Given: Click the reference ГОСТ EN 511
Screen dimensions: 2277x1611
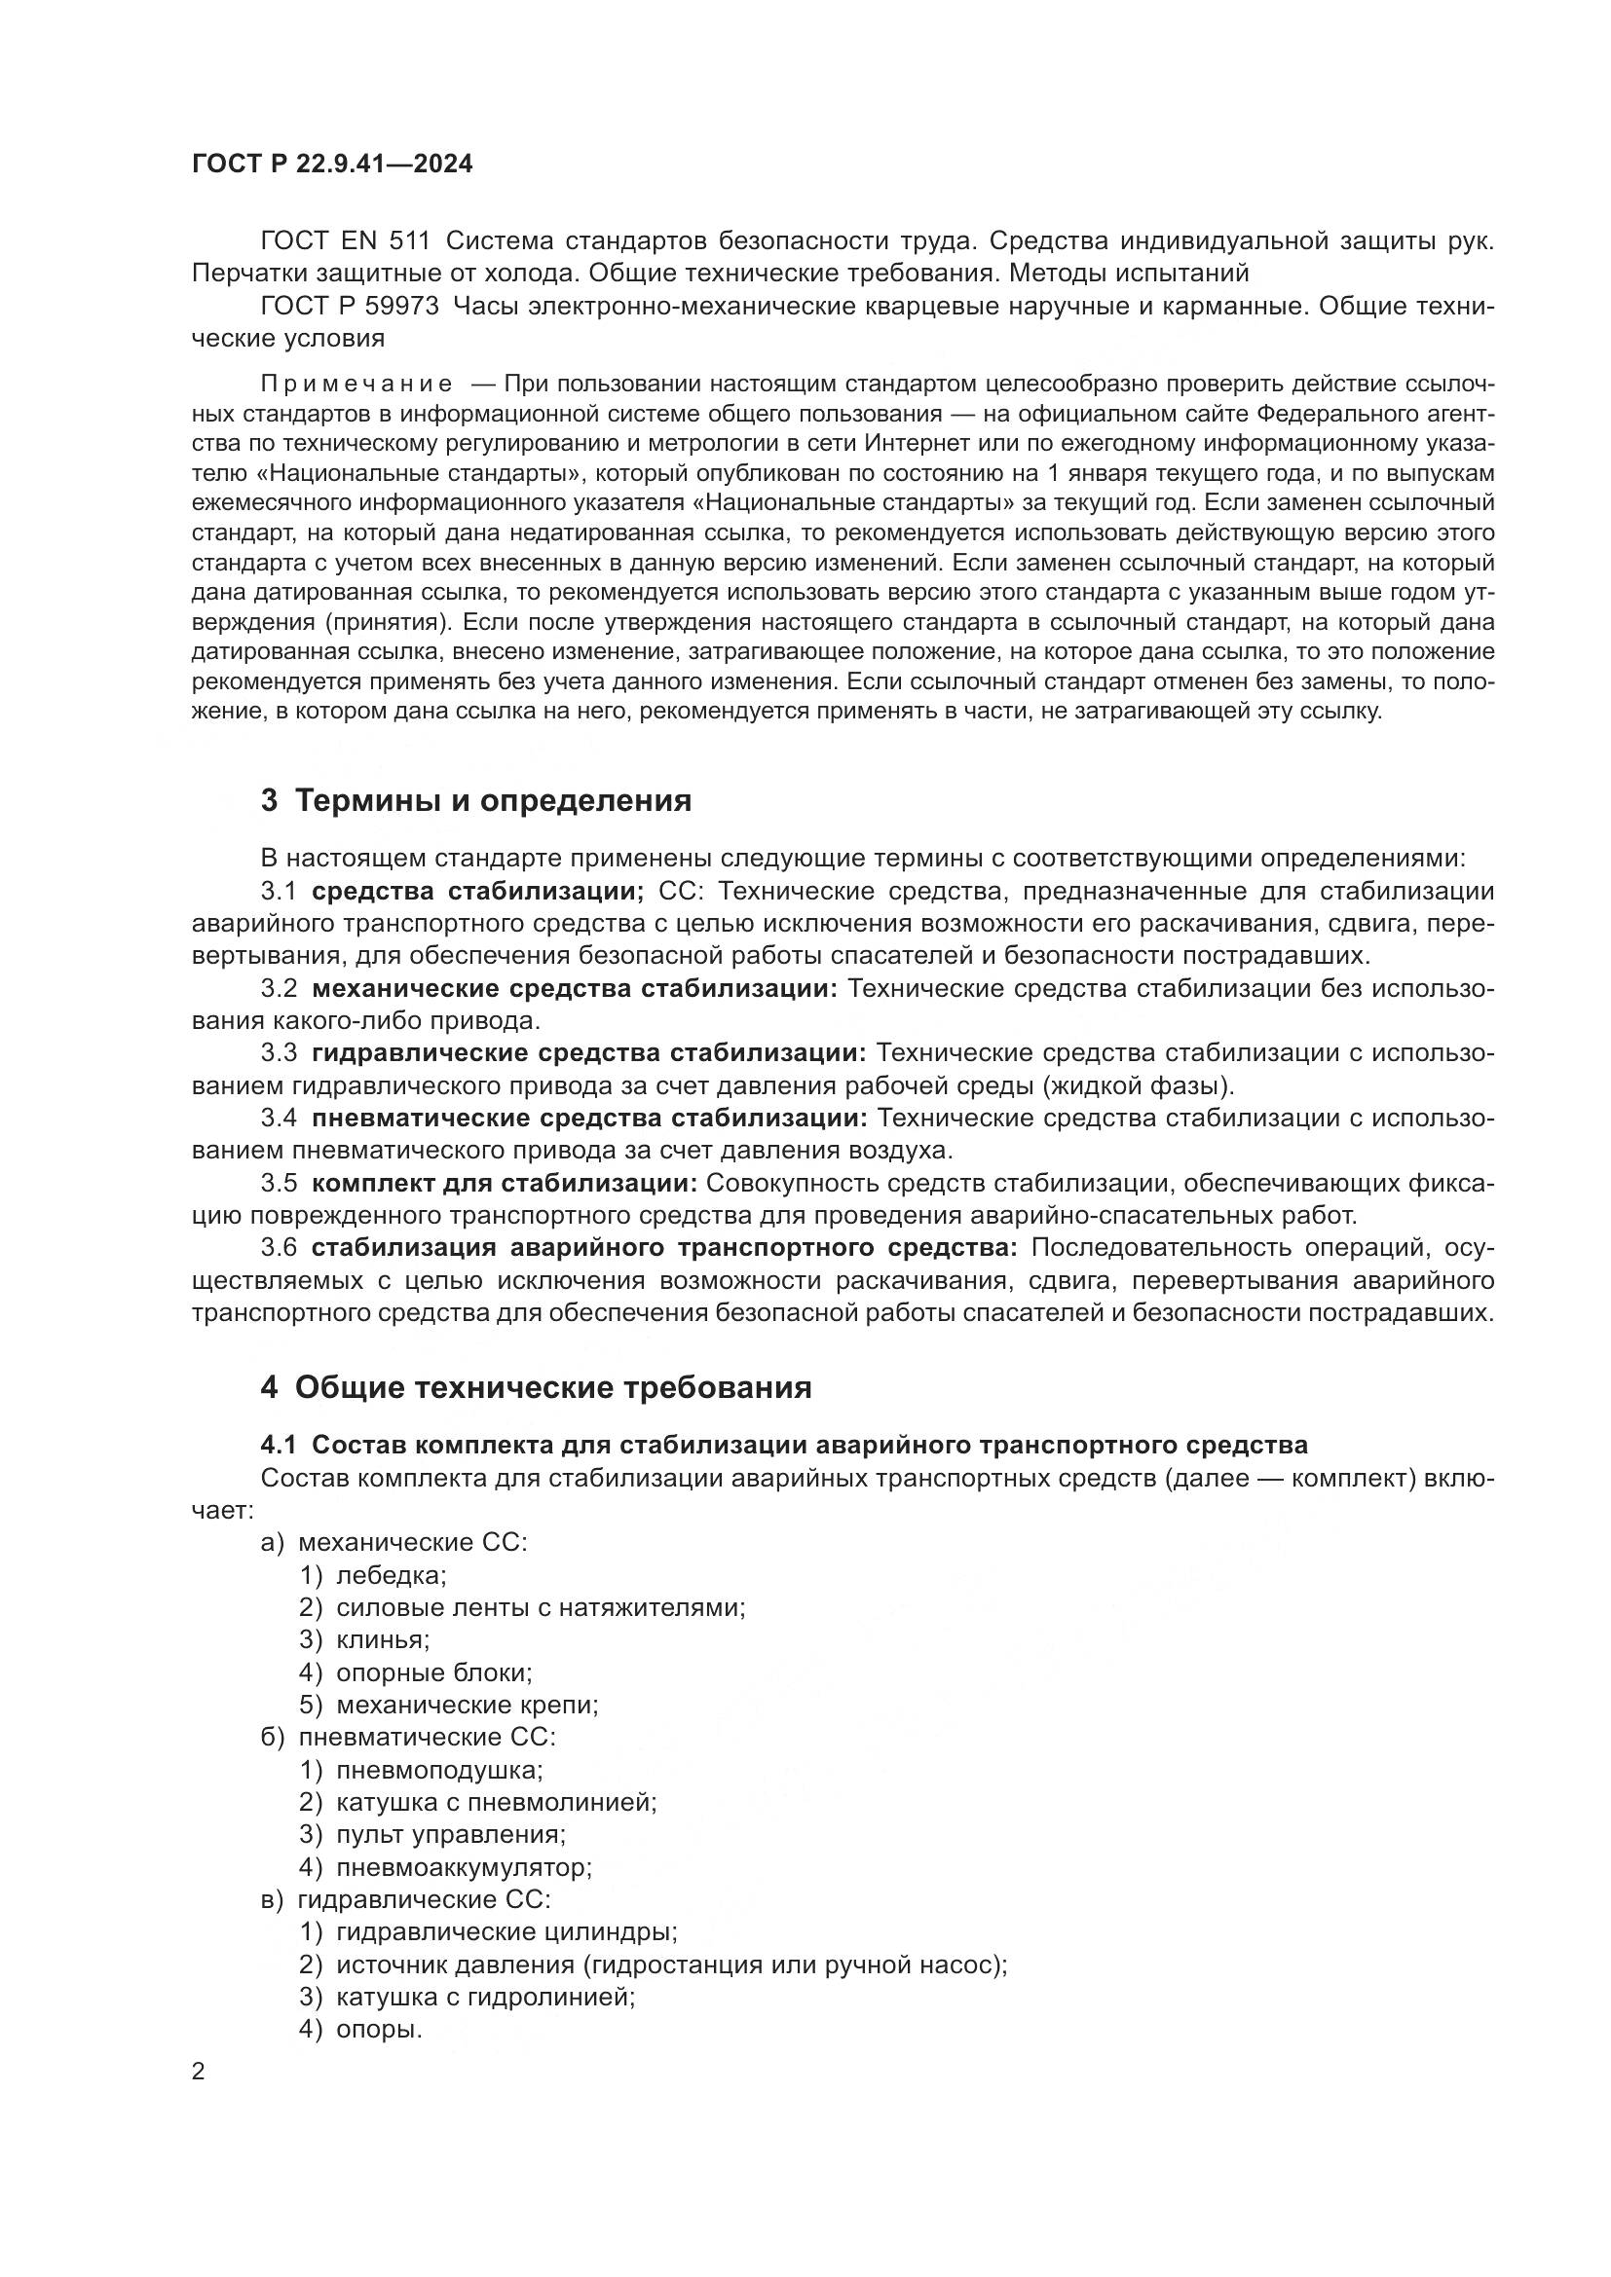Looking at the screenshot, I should point(344,241).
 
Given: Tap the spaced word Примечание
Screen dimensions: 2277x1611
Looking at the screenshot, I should point(356,384).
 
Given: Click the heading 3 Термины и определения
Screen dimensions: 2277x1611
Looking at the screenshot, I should point(475,800).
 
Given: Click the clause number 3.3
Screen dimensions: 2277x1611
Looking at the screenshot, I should point(279,1053).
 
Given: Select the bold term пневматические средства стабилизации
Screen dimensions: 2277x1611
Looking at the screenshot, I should point(589,1119).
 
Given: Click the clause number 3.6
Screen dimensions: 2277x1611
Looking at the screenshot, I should point(279,1248).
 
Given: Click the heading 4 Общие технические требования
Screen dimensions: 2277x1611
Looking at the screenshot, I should point(536,1387).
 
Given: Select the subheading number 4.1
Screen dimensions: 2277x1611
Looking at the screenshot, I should point(279,1444).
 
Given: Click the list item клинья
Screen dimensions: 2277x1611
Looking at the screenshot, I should point(382,1639).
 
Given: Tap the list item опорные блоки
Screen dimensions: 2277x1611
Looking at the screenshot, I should point(433,1672).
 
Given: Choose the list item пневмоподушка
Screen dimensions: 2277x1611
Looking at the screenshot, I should point(439,1769).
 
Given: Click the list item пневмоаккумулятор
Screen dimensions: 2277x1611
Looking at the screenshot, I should point(464,1867).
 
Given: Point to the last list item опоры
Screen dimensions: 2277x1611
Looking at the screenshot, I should point(379,2029).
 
